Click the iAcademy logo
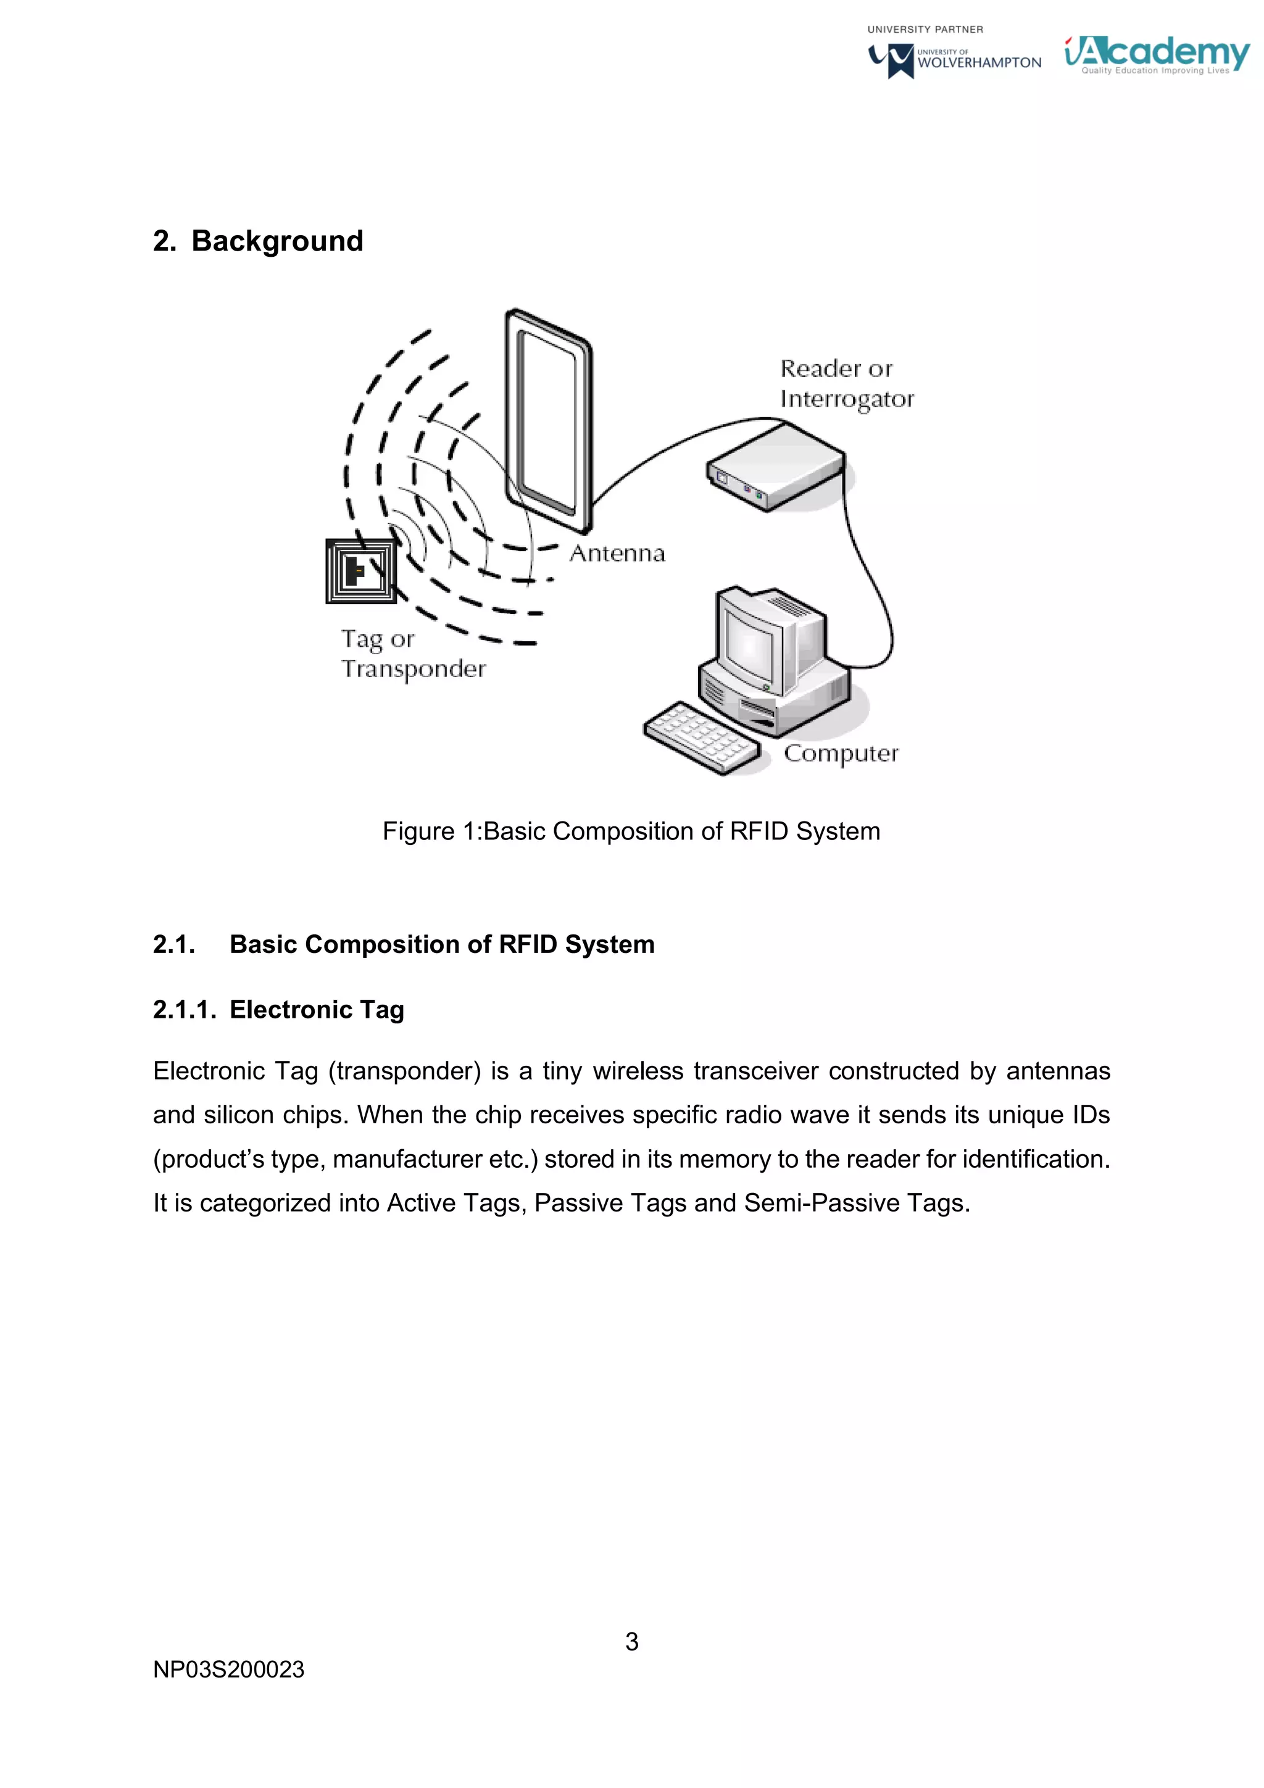[x=1157, y=54]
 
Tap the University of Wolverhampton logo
[x=955, y=60]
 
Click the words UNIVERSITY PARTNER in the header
[x=925, y=30]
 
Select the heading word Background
[x=277, y=241]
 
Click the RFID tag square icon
[x=360, y=572]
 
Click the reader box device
[x=776, y=467]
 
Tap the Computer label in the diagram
[x=841, y=753]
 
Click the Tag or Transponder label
[x=413, y=654]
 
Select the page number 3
[x=631, y=1642]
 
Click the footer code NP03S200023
[x=228, y=1669]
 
